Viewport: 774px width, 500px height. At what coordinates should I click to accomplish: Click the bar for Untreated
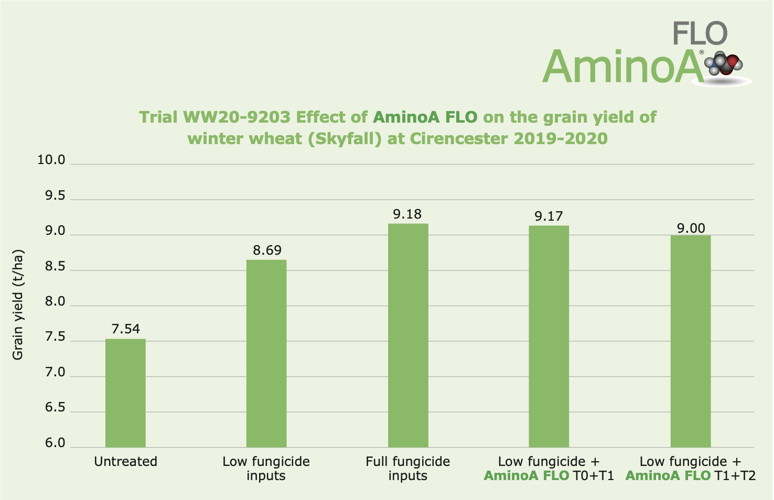125,393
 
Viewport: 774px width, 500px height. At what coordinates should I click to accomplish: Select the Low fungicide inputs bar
266,353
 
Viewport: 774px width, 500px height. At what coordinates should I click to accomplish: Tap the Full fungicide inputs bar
408,335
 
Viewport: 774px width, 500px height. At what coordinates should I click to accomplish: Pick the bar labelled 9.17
549,336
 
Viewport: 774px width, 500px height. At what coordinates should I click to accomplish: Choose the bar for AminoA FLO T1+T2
691,341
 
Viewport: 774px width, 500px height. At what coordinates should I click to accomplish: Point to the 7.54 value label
126,329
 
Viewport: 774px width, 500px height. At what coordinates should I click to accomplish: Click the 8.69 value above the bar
267,251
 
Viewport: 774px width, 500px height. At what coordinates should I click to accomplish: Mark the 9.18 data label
407,214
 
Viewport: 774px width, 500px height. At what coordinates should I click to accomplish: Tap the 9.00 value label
691,229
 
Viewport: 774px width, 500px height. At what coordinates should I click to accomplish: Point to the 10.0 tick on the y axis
51,160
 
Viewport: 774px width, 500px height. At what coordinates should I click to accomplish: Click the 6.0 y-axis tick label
55,443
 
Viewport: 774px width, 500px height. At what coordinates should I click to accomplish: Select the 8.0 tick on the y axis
55,302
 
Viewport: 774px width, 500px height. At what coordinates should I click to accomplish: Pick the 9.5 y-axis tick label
55,196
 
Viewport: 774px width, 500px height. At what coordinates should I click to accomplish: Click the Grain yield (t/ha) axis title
18,304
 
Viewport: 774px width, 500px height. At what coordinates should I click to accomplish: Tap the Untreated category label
126,462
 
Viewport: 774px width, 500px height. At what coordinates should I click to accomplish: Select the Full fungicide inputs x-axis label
408,469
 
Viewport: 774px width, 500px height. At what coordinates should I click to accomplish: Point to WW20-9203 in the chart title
236,117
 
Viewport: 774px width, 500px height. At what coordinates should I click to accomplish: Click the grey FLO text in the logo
700,34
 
